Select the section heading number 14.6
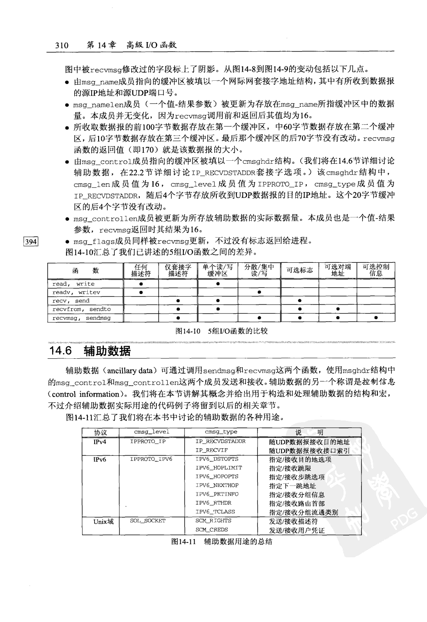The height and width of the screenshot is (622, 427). [61, 351]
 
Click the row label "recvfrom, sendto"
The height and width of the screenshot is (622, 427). [81, 309]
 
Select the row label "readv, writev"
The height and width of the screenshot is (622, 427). [76, 292]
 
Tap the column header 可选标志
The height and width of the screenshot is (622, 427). [299, 270]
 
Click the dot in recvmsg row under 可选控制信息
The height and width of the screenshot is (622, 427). [376, 318]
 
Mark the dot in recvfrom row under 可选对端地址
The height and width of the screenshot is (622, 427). [338, 309]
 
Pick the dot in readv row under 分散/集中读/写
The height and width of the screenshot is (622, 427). [259, 292]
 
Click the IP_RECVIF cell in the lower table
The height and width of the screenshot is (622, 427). [212, 450]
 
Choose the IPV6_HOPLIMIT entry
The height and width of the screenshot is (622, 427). [218, 468]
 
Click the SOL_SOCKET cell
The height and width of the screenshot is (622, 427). [148, 520]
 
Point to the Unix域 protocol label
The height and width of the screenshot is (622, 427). [103, 521]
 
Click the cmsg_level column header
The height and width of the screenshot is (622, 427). [151, 432]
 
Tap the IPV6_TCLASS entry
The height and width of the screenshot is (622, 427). [215, 512]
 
